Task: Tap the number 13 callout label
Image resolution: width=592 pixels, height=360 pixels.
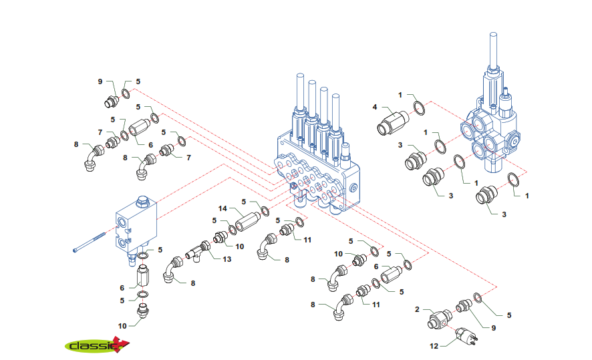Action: tap(227, 259)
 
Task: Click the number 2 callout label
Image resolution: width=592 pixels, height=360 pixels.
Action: tap(416, 309)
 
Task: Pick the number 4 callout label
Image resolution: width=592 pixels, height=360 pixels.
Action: tap(375, 107)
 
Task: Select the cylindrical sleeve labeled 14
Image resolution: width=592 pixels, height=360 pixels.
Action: tap(248, 218)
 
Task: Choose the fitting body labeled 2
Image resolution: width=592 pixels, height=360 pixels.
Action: tap(440, 319)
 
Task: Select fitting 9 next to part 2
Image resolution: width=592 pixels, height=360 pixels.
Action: tap(462, 307)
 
